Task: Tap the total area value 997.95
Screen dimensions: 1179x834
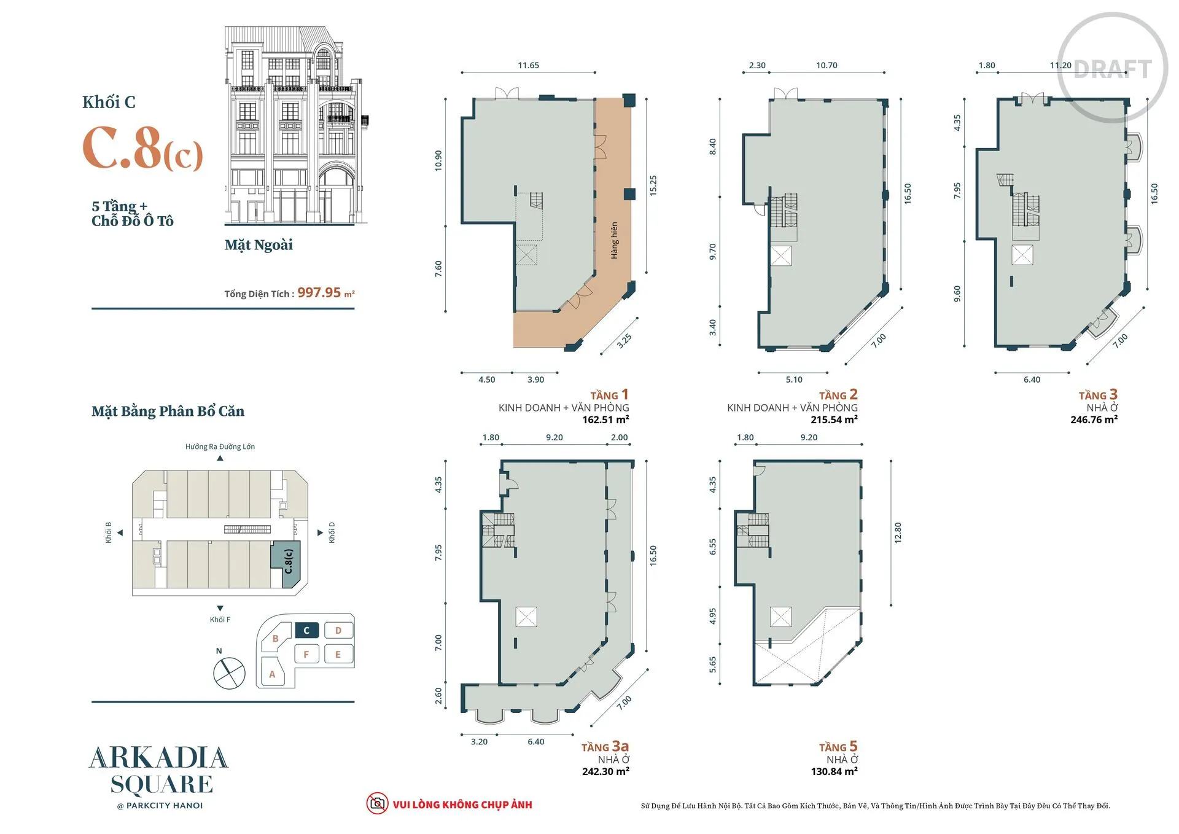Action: click(319, 293)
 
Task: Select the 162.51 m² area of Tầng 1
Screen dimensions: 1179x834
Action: click(605, 420)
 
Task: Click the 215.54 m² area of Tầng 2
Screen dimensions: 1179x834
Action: click(834, 420)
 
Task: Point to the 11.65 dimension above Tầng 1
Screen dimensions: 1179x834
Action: click(528, 65)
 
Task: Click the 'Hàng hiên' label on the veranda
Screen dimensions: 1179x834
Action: click(614, 240)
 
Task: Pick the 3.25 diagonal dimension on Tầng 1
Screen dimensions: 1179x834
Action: click(624, 341)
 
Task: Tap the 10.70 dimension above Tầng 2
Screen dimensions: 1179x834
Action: click(827, 65)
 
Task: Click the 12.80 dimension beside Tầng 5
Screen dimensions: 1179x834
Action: click(898, 532)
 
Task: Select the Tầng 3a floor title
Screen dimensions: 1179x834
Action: click(605, 747)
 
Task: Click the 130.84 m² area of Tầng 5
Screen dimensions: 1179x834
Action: click(834, 771)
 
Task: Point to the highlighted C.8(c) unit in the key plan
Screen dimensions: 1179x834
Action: click(287, 564)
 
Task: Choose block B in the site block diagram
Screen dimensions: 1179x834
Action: click(275, 639)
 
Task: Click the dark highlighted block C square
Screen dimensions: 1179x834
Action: click(306, 630)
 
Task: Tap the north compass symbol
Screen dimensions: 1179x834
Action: click(229, 673)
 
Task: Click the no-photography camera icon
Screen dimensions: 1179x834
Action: click(377, 803)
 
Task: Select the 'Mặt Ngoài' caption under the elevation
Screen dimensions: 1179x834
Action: click(259, 245)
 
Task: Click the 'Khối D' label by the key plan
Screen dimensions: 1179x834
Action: click(332, 532)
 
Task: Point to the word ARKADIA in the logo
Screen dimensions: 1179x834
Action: click(159, 758)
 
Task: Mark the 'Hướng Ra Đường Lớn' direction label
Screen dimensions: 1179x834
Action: click(220, 446)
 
